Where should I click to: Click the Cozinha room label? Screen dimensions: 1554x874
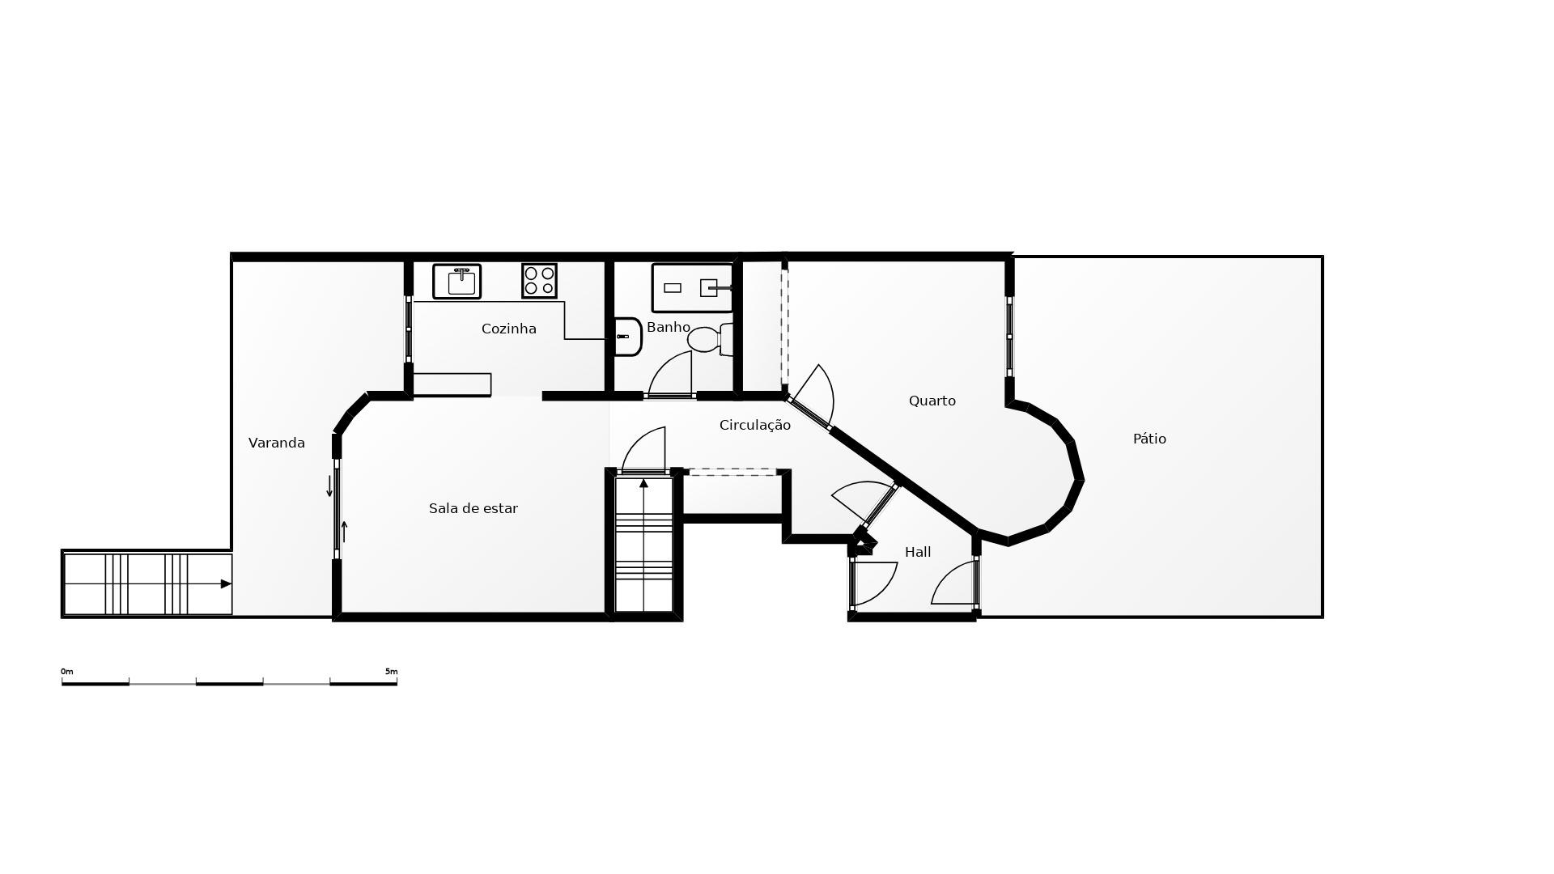[508, 329]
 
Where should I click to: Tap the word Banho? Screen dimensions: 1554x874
[668, 327]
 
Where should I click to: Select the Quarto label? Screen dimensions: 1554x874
[932, 401]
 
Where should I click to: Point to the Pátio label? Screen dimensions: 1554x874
[1149, 439]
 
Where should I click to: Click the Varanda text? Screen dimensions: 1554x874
[276, 443]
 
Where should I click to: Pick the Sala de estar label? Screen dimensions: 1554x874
[473, 508]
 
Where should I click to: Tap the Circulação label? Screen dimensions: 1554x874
[754, 425]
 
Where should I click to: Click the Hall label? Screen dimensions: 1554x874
[918, 552]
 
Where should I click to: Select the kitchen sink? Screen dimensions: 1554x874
[457, 282]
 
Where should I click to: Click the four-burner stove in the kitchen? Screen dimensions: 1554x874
[539, 281]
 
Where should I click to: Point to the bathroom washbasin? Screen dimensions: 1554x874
[628, 337]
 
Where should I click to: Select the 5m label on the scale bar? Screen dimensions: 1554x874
[391, 672]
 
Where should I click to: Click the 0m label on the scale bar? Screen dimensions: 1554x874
[67, 672]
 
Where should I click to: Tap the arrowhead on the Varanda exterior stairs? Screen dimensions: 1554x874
[226, 583]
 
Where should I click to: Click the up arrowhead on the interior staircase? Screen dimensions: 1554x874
[643, 483]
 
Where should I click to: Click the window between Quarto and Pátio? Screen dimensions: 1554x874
[1009, 337]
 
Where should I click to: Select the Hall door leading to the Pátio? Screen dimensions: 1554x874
[955, 583]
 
